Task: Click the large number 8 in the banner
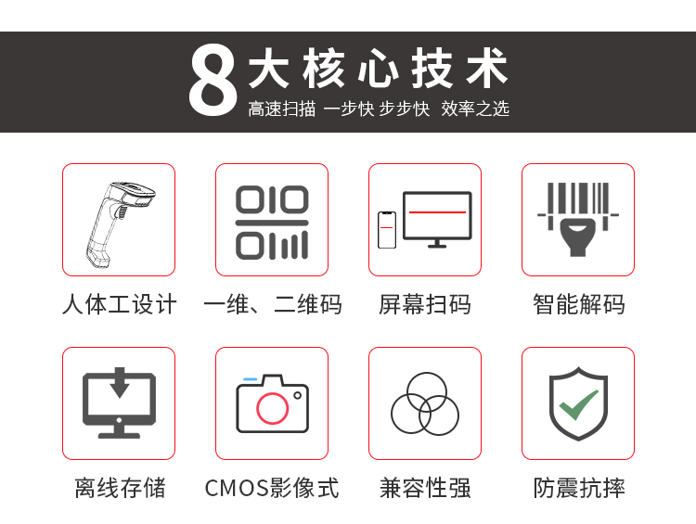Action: pos(213,81)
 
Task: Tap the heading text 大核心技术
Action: pos(378,69)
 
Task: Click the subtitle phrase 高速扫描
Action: pos(282,109)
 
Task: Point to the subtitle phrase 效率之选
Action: pos(475,109)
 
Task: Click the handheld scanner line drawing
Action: pos(119,224)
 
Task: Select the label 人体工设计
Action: pos(119,304)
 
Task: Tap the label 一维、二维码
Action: pos(272,304)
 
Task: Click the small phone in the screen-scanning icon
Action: pos(387,230)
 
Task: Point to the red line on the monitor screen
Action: pos(437,212)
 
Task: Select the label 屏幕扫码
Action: pos(425,304)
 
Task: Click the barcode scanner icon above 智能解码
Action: pos(578,219)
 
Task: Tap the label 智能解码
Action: pos(578,304)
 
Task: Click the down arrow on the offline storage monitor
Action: pos(120,382)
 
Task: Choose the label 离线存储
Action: pos(120,488)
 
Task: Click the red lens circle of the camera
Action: pos(272,408)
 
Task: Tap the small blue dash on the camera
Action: pos(251,379)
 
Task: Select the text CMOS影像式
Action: pos(272,488)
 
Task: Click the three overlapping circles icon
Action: pos(425,403)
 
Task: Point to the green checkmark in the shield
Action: pos(578,404)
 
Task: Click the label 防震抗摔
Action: pos(579,488)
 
